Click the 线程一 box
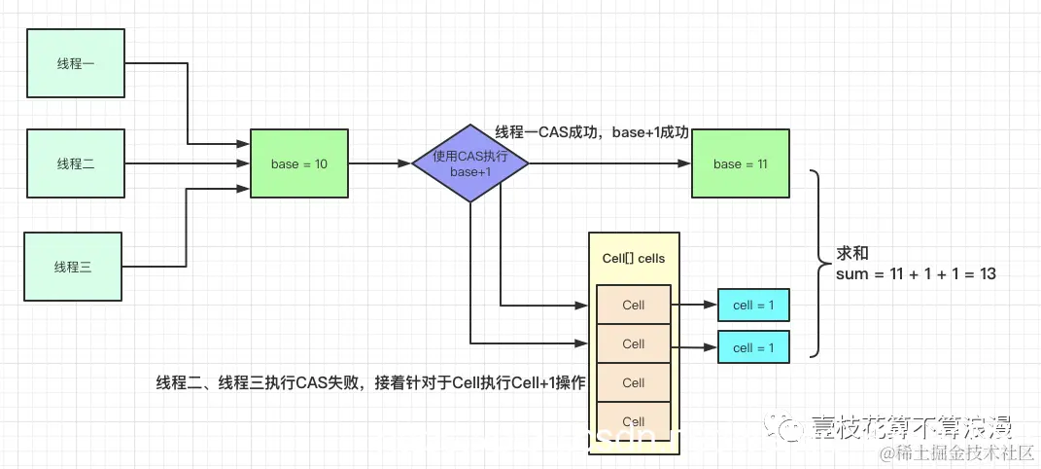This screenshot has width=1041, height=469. tap(75, 63)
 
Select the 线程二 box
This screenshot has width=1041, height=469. tap(75, 163)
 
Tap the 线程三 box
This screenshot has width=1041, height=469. tap(73, 266)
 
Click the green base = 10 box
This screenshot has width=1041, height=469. tap(299, 163)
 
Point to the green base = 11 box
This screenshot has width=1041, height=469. tap(740, 163)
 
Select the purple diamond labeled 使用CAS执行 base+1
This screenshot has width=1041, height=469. tap(470, 163)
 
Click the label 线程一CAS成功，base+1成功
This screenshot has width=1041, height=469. tap(592, 132)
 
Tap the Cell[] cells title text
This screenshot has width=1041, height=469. tap(633, 258)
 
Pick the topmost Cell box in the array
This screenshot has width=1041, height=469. tap(633, 305)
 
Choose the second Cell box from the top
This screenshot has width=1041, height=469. tap(633, 343)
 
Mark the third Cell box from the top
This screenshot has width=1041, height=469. tap(633, 382)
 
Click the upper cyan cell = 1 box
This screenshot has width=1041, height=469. tap(753, 305)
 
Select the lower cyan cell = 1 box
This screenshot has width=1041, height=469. tap(753, 347)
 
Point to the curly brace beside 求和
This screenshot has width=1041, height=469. tap(819, 263)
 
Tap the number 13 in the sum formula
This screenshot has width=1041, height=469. tap(987, 274)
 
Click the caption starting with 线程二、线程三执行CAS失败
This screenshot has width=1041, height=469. tap(370, 382)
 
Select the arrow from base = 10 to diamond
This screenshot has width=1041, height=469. tap(379, 163)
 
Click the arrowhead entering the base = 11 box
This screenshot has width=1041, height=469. tap(684, 163)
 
